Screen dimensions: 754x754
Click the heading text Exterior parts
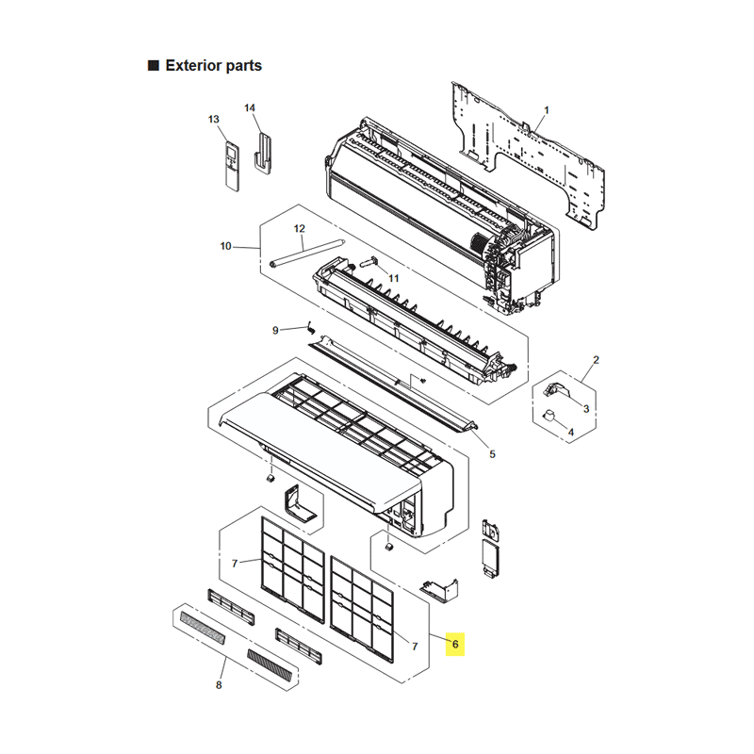click(214, 65)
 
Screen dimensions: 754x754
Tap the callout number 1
click(547, 110)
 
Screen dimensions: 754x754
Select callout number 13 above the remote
click(214, 120)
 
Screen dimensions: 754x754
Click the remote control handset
click(232, 167)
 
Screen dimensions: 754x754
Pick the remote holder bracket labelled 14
click(263, 154)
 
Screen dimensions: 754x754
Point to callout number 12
click(299, 228)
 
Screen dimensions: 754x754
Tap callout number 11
click(394, 278)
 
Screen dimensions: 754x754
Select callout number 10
click(225, 246)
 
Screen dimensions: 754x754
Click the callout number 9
click(275, 331)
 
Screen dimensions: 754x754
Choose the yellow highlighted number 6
click(455, 644)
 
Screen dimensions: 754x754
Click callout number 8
click(219, 685)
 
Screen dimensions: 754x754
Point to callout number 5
click(492, 454)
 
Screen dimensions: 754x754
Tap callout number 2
click(597, 360)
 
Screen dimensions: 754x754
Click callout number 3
click(586, 409)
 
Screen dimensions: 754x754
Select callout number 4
click(571, 433)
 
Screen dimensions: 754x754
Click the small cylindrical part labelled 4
click(549, 415)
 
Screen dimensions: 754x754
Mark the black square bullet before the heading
click(154, 65)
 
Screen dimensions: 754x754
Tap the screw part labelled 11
click(369, 261)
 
